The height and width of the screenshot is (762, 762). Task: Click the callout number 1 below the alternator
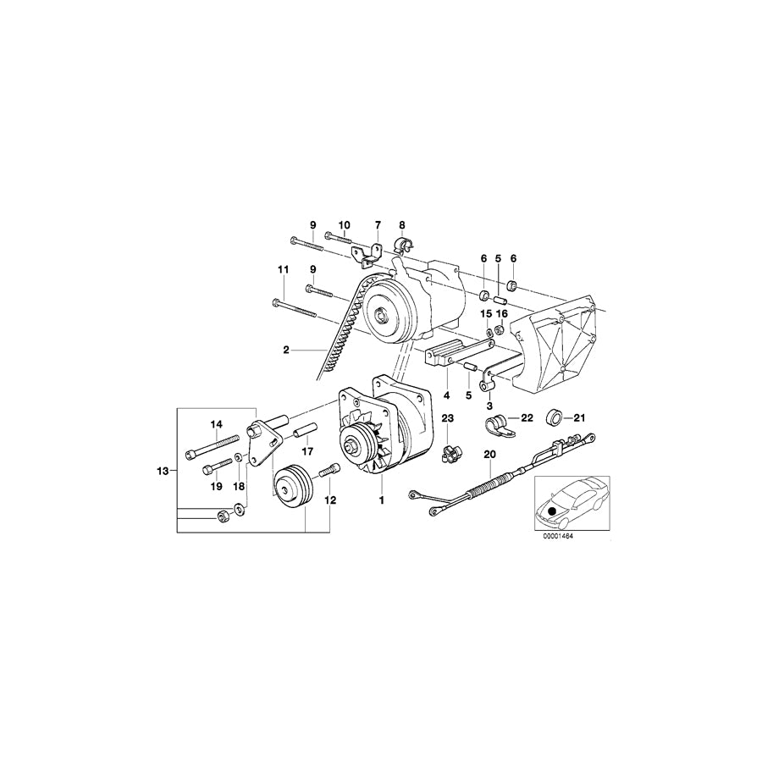(382, 500)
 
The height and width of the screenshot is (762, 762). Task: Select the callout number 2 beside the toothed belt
(286, 349)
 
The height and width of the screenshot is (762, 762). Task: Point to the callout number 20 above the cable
(488, 455)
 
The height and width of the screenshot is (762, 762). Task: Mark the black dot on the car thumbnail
(554, 510)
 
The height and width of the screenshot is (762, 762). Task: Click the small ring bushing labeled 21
(555, 417)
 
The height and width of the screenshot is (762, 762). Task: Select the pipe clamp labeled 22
(500, 422)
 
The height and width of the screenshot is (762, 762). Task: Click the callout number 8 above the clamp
(402, 226)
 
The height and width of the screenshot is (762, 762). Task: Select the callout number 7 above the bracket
(378, 226)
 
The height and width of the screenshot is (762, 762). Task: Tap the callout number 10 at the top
(344, 225)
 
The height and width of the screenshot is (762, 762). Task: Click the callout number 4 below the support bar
(447, 395)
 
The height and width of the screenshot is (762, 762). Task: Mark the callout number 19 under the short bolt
(216, 486)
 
